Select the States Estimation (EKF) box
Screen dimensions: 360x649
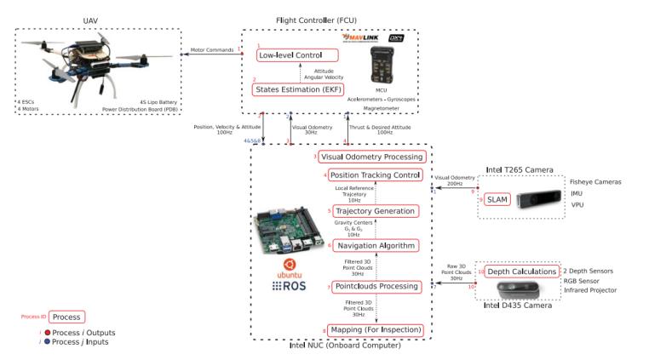coord(294,89)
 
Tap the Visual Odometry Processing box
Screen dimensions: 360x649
coord(372,157)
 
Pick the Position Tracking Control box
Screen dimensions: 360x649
coord(372,174)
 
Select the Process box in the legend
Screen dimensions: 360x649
coord(66,316)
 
